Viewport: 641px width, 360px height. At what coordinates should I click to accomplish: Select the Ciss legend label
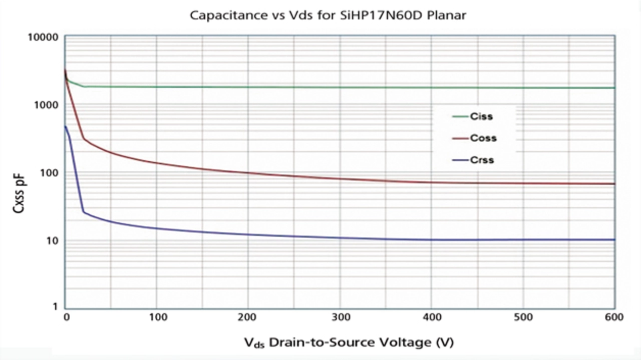pyautogui.click(x=481, y=117)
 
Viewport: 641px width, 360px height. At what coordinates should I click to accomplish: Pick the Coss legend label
pyautogui.click(x=483, y=138)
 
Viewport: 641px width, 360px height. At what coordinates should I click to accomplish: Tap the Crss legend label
pyautogui.click(x=482, y=160)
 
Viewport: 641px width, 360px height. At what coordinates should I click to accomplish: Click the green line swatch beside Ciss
pyautogui.click(x=460, y=117)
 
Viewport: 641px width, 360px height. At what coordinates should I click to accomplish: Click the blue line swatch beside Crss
pyautogui.click(x=460, y=160)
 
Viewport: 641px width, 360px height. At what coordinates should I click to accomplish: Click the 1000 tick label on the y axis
pyautogui.click(x=49, y=105)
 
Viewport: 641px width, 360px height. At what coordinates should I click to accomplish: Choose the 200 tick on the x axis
pyautogui.click(x=248, y=317)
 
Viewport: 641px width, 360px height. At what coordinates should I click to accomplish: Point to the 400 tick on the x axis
pyautogui.click(x=432, y=317)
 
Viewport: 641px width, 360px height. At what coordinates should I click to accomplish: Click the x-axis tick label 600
pyautogui.click(x=614, y=317)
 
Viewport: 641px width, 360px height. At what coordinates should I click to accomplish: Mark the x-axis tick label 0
pyautogui.click(x=66, y=317)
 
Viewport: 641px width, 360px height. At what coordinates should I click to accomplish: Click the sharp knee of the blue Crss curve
pyautogui.click(x=84, y=212)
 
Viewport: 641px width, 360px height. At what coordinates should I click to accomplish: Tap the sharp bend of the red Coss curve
pyautogui.click(x=84, y=139)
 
